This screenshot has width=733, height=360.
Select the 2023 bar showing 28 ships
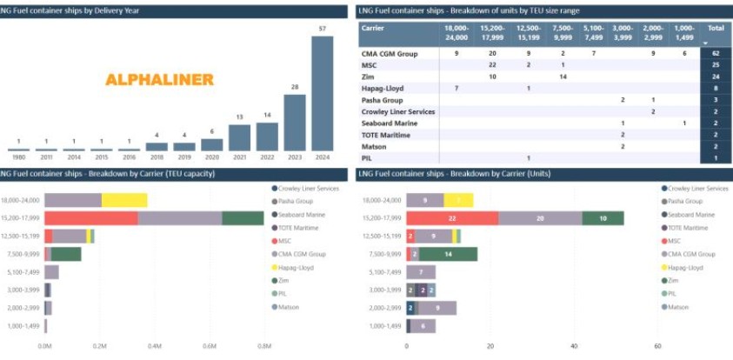tap(295, 123)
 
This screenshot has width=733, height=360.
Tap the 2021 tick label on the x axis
tap(240, 157)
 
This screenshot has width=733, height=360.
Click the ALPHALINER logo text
tap(159, 80)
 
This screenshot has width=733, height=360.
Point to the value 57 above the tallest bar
tap(322, 30)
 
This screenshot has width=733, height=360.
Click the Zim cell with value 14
tap(563, 77)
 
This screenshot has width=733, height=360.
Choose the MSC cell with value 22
tap(492, 65)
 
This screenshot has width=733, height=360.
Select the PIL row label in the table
tap(367, 157)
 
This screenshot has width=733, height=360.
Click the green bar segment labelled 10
tap(603, 218)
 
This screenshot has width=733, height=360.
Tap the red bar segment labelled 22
tap(452, 218)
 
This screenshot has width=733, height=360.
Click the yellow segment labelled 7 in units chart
tap(458, 200)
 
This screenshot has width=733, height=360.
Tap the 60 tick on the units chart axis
tap(657, 345)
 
